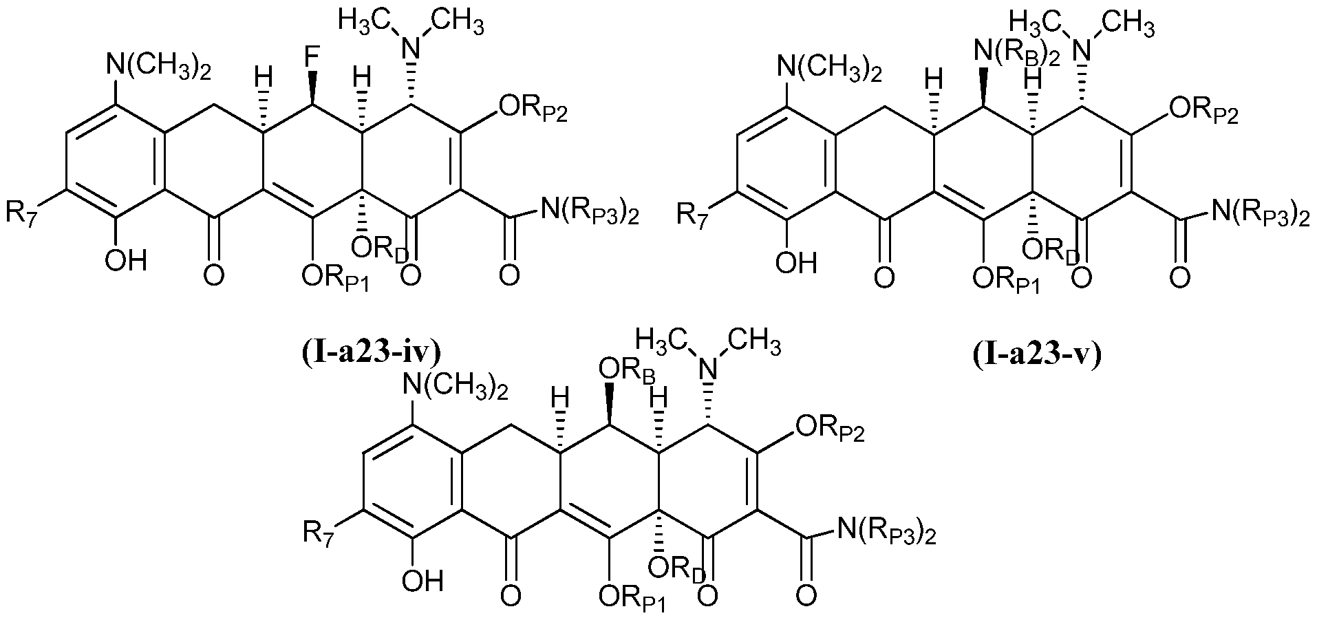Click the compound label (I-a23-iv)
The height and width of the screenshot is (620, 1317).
pos(371,353)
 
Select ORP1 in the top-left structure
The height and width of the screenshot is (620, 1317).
pos(336,279)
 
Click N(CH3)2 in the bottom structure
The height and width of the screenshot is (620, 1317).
pos(457,389)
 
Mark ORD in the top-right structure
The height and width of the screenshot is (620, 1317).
pos(1051,251)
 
